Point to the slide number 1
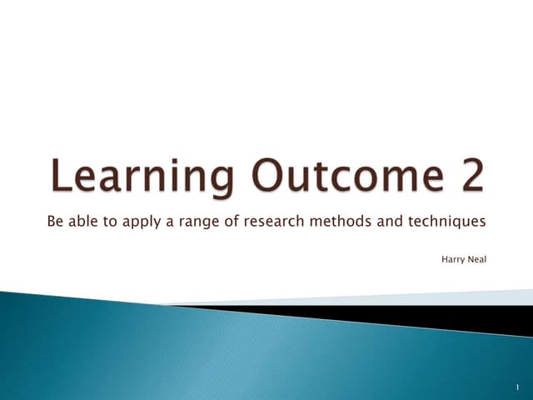(517, 387)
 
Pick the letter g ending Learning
(220, 181)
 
